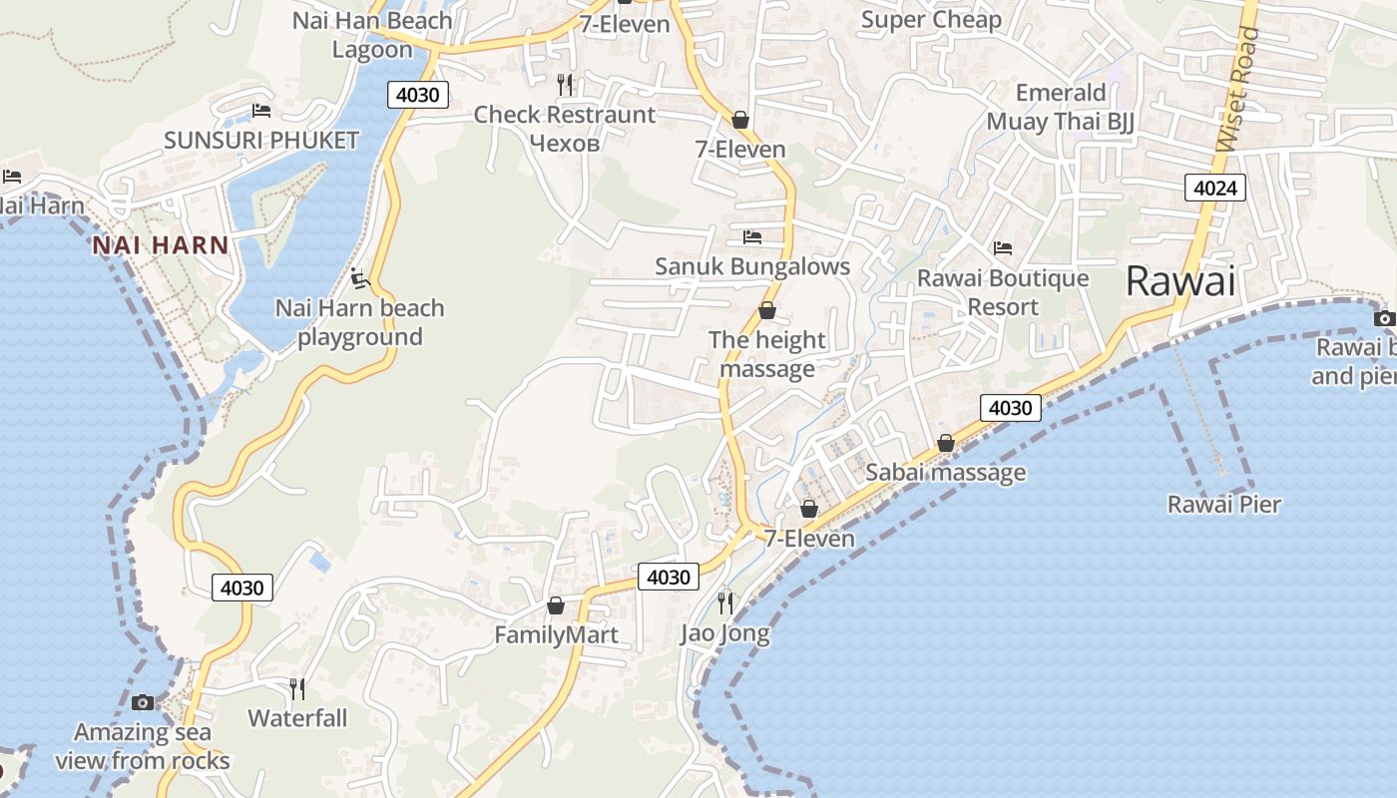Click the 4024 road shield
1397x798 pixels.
1215,187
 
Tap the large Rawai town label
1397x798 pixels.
1180,280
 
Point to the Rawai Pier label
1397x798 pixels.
1224,504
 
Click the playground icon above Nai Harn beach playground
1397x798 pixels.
360,278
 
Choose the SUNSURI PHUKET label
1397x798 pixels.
261,140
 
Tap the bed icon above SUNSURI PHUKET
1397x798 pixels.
261,110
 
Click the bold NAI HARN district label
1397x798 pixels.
161,244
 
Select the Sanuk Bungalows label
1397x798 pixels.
752,266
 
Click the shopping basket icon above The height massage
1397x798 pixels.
767,310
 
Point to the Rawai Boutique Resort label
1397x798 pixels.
1003,292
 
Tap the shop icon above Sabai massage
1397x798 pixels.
945,442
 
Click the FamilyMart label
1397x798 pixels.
556,634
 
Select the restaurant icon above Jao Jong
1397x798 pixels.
725,602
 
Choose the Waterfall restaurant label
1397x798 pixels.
297,718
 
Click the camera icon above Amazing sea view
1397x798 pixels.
143,702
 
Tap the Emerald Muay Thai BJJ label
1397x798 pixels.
1061,107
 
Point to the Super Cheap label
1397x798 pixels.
931,20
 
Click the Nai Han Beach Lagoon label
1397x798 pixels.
372,34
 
